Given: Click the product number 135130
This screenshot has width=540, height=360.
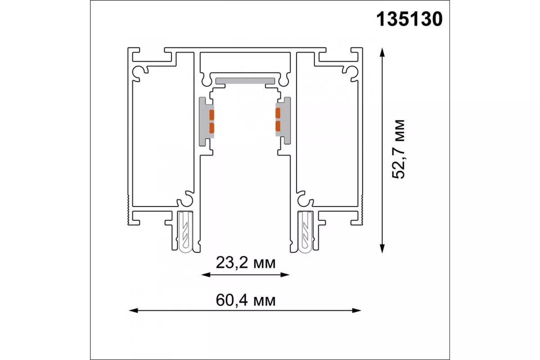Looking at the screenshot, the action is click(409, 19).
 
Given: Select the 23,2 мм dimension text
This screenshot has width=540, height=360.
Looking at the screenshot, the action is click(246, 263).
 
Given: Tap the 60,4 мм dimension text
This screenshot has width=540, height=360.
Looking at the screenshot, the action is click(246, 301).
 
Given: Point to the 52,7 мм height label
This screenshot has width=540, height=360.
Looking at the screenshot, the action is click(398, 149).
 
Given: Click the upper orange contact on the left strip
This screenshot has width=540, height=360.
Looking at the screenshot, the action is click(211, 115).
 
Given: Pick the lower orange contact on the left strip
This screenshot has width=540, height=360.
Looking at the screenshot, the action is click(211, 128).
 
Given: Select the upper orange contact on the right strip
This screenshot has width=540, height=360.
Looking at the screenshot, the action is click(278, 113).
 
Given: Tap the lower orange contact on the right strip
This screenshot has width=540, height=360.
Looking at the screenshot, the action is click(278, 126).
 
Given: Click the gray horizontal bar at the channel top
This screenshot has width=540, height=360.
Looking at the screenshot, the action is click(245, 81).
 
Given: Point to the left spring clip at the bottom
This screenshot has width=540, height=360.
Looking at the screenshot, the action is click(185, 232).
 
